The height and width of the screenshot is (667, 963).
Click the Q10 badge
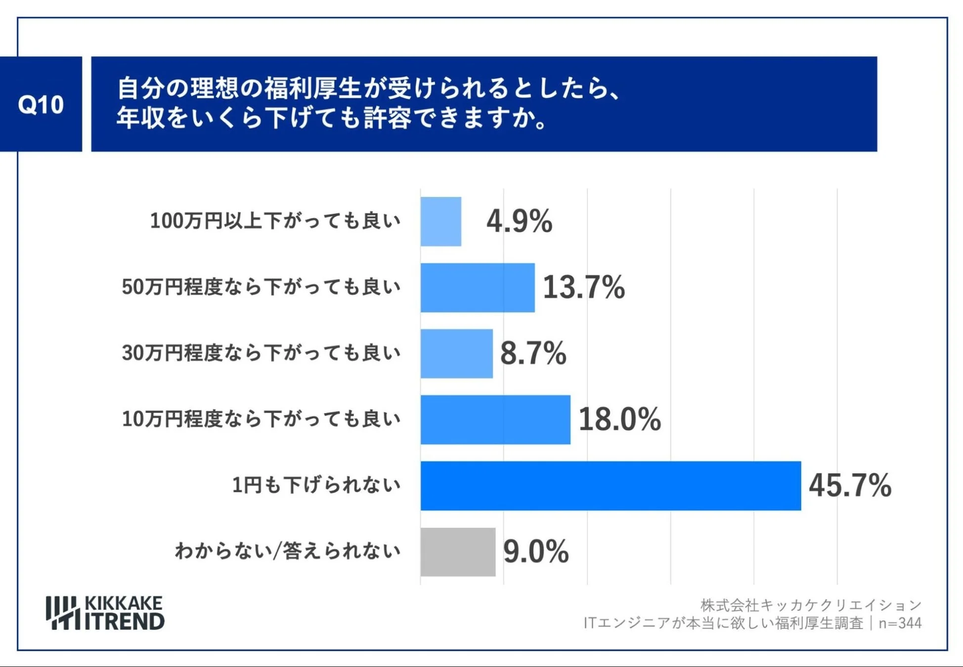pyautogui.click(x=41, y=104)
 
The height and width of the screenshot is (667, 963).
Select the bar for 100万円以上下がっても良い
pyautogui.click(x=441, y=221)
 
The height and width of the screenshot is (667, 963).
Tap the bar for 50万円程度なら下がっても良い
pyautogui.click(x=478, y=288)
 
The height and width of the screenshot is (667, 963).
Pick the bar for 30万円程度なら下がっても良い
pyautogui.click(x=457, y=354)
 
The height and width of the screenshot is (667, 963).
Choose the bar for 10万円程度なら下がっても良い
pyautogui.click(x=495, y=419)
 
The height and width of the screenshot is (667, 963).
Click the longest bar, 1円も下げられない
pyautogui.click(x=611, y=486)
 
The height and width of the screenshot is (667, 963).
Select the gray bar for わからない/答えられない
pyautogui.click(x=458, y=552)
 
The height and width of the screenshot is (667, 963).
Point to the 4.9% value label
pyautogui.click(x=519, y=221)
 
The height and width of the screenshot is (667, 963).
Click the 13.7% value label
pyautogui.click(x=584, y=287)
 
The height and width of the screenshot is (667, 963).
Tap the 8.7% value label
pyautogui.click(x=533, y=353)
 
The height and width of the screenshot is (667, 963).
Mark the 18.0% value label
pyautogui.click(x=619, y=419)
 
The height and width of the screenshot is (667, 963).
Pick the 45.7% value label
pyautogui.click(x=850, y=485)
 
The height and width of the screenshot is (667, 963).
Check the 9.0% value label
pyautogui.click(x=536, y=551)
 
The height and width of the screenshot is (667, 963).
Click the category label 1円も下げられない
pyautogui.click(x=316, y=485)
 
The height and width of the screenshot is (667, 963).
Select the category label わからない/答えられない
pyautogui.click(x=287, y=551)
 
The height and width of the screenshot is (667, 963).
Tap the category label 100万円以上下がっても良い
pyautogui.click(x=275, y=221)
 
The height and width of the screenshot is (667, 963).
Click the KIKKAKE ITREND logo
pyautogui.click(x=105, y=613)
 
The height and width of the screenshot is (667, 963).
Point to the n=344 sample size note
pyautogui.click(x=900, y=623)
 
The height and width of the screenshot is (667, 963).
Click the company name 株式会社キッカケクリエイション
pyautogui.click(x=811, y=605)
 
